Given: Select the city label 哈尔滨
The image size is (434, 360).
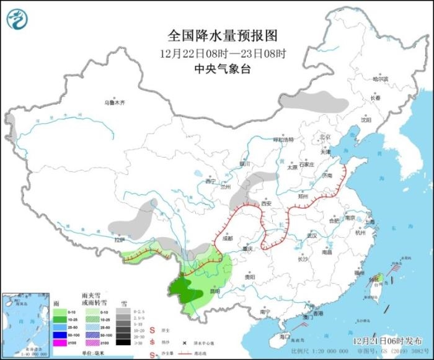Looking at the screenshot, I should [380, 79].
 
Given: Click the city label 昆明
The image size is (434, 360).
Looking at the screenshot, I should [215, 290].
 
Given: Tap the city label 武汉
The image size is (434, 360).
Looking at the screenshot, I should [311, 235].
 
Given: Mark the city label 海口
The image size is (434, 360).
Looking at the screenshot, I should [285, 336].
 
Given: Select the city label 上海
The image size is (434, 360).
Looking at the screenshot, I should [370, 222].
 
